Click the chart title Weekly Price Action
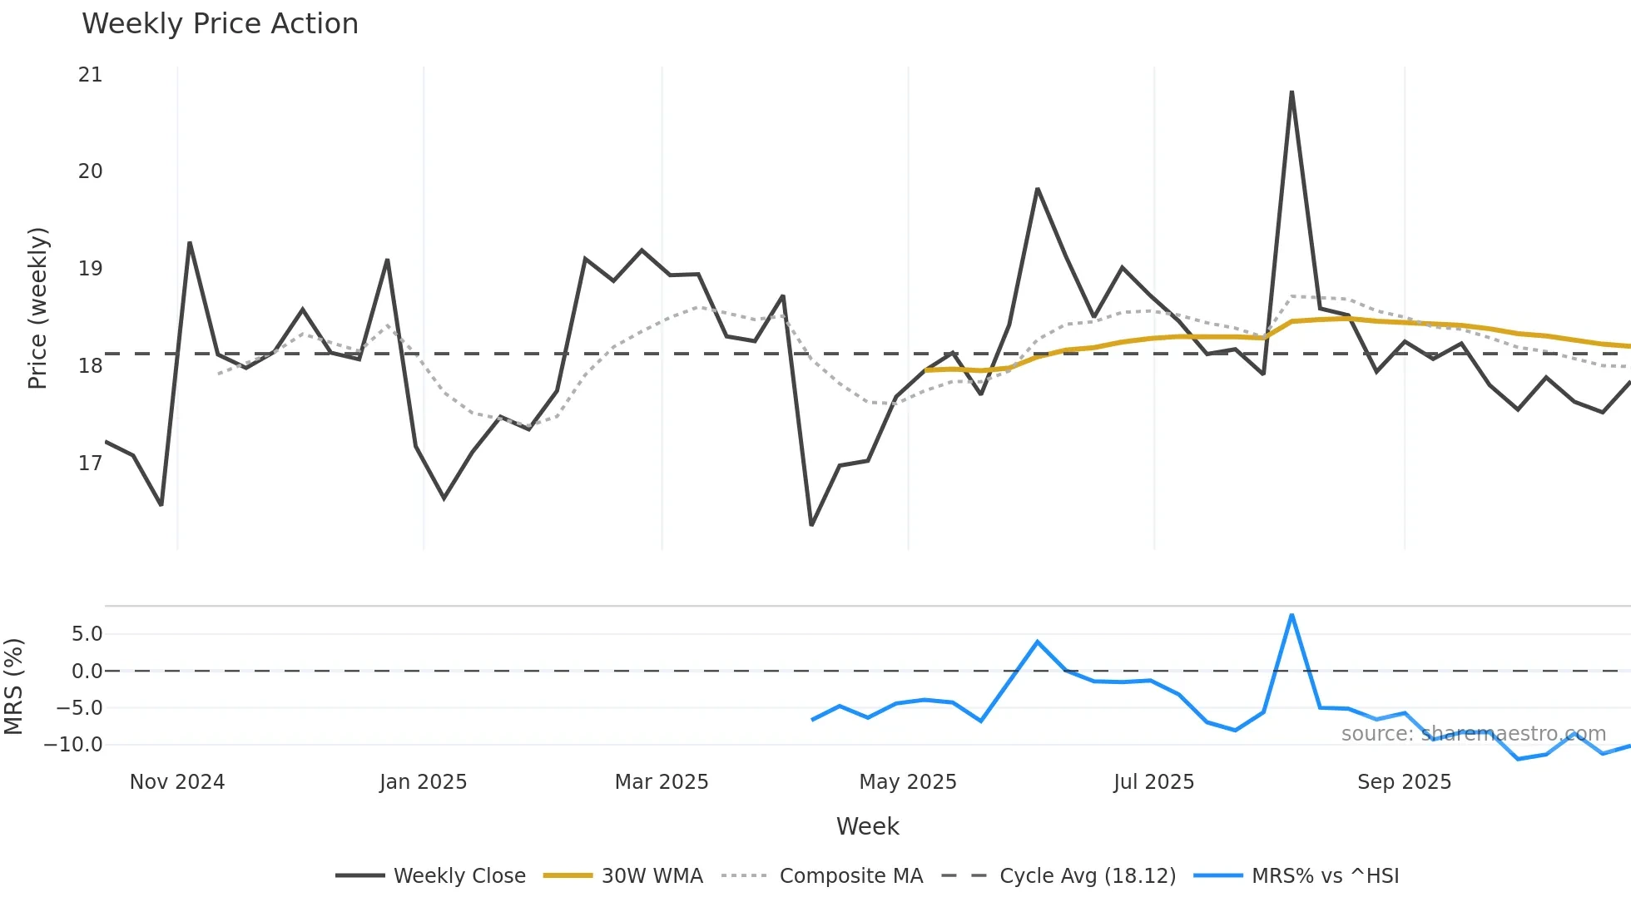(x=220, y=23)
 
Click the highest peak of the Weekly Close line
(x=1291, y=92)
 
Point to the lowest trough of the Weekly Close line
(x=811, y=524)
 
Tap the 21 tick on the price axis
(x=90, y=75)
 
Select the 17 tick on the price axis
(x=90, y=463)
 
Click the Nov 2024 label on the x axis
(x=177, y=782)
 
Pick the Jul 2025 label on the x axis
(x=1153, y=782)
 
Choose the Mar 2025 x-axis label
(x=662, y=782)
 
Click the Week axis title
(x=867, y=826)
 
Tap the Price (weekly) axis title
(x=38, y=308)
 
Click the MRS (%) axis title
(x=13, y=687)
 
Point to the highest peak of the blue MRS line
(x=1291, y=615)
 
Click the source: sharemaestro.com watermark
(x=1473, y=734)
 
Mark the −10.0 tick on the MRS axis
(x=73, y=745)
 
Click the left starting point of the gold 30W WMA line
(x=926, y=370)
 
